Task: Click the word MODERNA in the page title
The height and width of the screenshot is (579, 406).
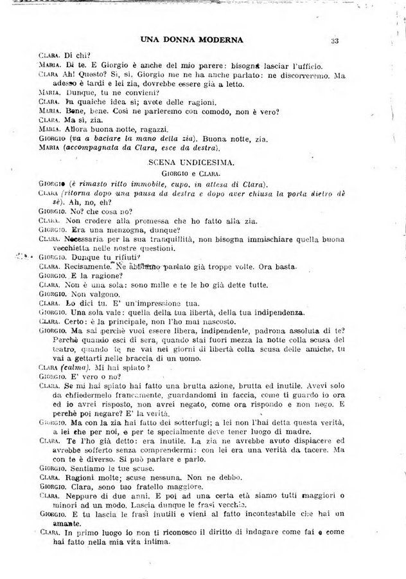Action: [216, 40]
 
